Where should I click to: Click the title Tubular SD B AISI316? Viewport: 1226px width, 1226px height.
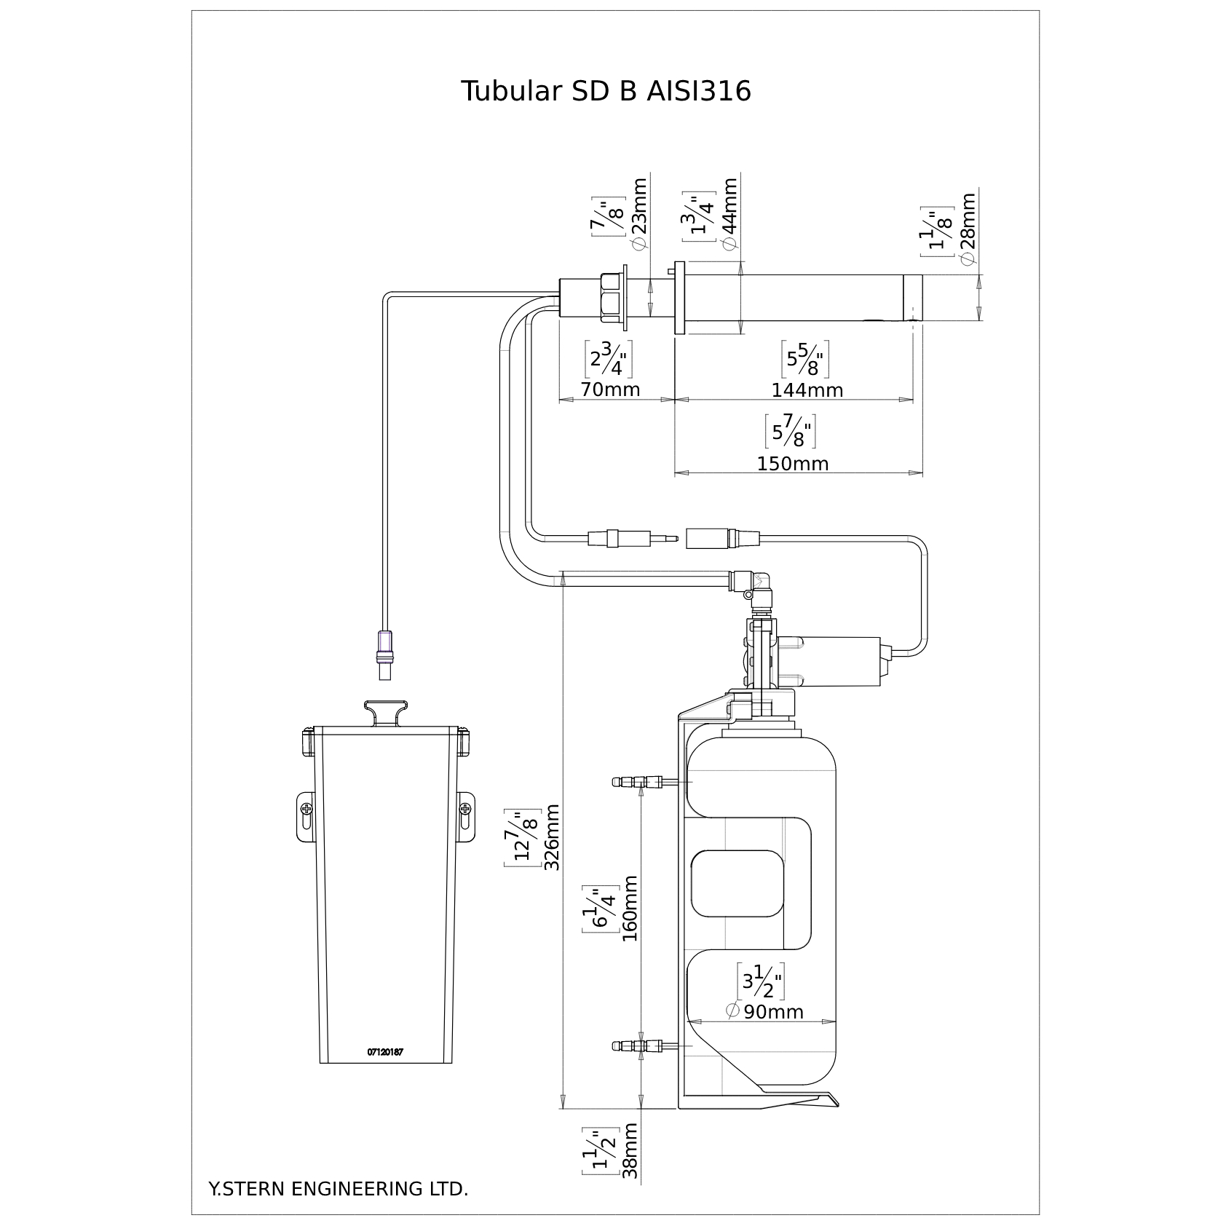606,92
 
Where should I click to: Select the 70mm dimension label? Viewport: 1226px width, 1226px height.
610,389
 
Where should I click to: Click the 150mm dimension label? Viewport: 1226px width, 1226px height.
793,464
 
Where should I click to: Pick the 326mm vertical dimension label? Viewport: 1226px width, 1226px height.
553,837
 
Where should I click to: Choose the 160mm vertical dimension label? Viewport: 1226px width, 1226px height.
630,909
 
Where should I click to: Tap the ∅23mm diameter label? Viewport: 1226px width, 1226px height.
639,215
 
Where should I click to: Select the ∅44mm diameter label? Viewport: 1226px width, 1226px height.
730,215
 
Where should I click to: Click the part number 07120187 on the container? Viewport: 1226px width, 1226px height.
385,1052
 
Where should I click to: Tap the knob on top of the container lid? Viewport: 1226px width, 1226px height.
385,713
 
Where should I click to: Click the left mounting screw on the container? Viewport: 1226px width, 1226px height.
306,809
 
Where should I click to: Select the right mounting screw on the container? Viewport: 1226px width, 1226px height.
465,809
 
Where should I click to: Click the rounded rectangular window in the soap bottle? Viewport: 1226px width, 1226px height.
738,883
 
